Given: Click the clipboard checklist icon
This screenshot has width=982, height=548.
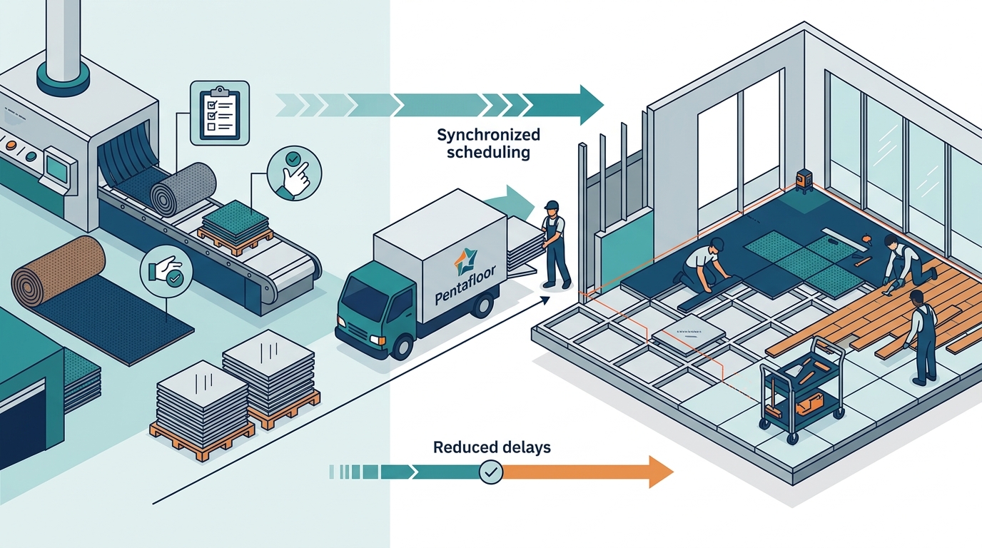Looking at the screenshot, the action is (220, 113).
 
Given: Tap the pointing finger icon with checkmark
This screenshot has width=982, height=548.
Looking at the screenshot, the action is (294, 173).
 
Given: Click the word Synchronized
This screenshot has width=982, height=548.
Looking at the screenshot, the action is (488, 134).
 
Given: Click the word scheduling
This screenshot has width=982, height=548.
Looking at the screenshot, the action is (488, 153).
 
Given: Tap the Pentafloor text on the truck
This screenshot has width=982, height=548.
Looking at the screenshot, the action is (465, 284).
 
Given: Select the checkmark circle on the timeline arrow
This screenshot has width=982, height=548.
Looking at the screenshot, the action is (491, 472).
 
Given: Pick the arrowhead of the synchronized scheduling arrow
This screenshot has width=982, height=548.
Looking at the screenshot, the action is (592, 105).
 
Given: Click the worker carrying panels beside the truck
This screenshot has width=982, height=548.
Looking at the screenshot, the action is (555, 245).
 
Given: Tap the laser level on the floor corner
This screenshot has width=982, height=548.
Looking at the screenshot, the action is (805, 181).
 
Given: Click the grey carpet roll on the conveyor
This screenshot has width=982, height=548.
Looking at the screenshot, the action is (183, 189).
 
